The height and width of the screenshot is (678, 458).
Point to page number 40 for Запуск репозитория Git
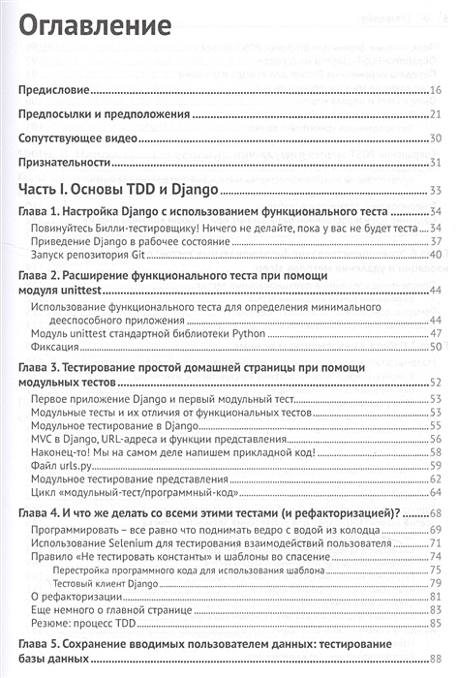(436, 253)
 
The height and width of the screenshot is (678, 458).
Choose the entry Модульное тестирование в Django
(114, 424)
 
